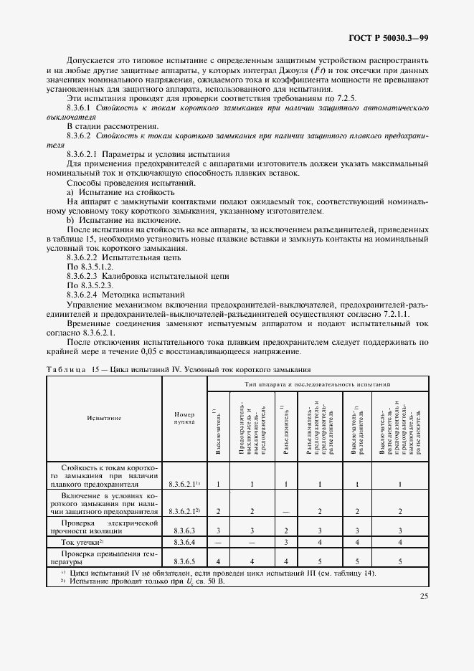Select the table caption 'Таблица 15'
point(70,370)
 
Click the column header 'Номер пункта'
point(184,419)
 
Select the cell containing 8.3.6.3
point(184,530)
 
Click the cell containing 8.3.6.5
point(184,561)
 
